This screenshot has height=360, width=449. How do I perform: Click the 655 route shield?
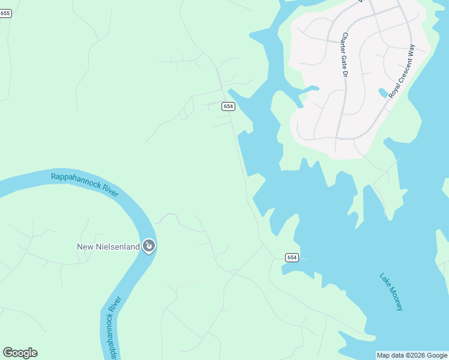coord(5,13)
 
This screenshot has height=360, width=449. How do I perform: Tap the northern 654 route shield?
coord(228,106)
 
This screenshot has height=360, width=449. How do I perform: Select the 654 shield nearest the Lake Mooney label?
coord(292,257)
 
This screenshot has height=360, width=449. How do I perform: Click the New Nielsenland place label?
coord(108,247)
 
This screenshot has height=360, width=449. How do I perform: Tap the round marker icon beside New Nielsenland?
coord(149,246)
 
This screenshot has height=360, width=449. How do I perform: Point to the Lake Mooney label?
coord(391,292)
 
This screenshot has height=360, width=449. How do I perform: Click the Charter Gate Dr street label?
coord(345,55)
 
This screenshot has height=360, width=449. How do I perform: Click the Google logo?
coord(20,353)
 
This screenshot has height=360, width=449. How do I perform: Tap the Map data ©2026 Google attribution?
coord(412,355)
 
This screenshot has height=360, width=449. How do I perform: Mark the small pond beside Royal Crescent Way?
coord(383,93)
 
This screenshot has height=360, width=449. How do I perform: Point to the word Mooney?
coord(395,298)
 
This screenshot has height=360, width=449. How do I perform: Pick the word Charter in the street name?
coord(344,43)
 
